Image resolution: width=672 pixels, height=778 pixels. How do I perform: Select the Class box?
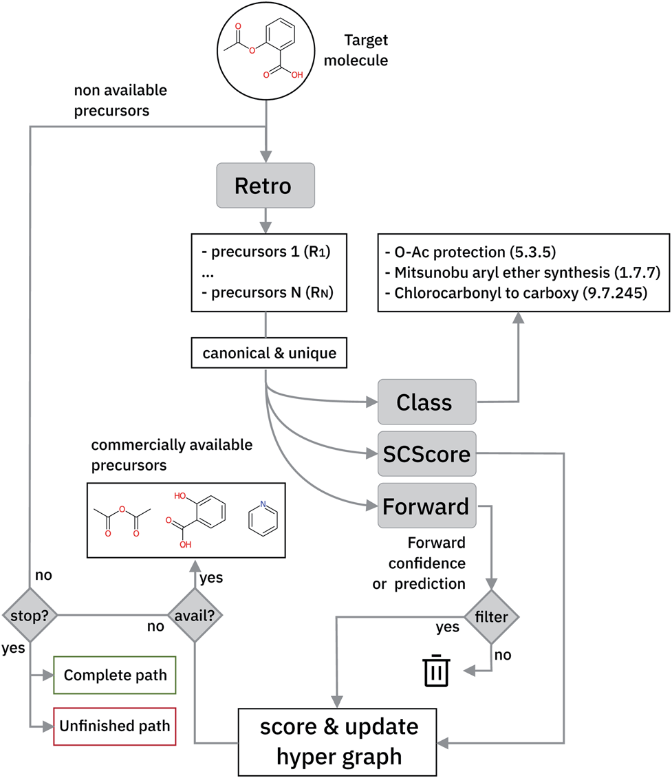425,402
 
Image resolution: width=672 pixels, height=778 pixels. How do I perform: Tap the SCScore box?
426,453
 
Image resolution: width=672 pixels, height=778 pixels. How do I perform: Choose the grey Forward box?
426,506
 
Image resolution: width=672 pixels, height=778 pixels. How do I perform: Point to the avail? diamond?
196,615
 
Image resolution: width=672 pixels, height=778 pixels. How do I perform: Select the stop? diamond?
29,615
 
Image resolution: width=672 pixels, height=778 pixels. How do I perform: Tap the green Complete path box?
115,675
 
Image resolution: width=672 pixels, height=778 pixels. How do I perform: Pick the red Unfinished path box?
115,725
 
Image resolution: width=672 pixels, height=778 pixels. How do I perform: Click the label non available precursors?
120,100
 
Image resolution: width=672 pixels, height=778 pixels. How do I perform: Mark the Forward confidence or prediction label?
427,563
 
